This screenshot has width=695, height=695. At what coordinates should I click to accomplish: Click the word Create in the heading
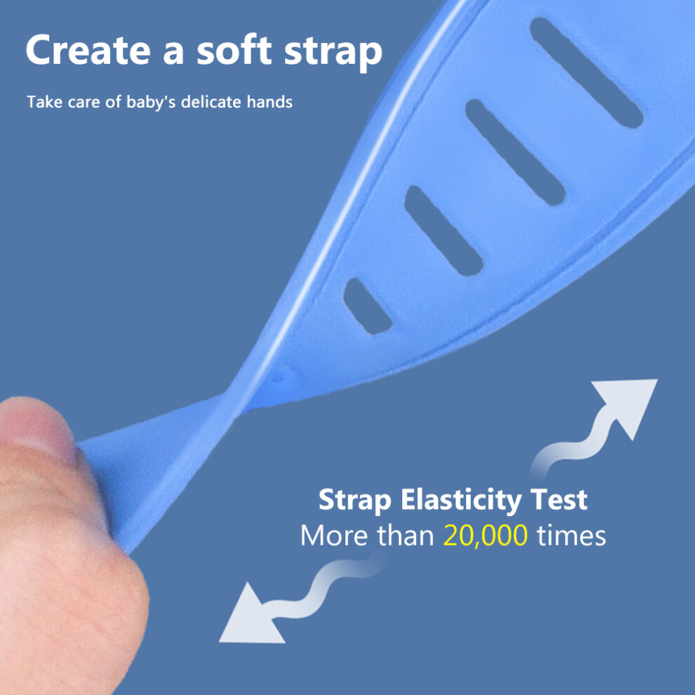(x=88, y=50)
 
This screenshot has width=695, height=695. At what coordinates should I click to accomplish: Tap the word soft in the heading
(x=234, y=50)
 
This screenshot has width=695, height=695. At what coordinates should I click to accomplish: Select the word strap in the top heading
(x=333, y=53)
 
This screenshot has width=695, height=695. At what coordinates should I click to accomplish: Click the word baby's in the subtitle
(x=151, y=102)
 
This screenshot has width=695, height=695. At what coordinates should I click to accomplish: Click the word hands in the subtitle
(x=270, y=102)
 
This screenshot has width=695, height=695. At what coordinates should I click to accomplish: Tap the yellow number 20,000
(x=485, y=536)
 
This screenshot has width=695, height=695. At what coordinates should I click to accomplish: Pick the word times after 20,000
(x=571, y=536)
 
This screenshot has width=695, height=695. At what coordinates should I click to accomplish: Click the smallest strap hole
(x=367, y=306)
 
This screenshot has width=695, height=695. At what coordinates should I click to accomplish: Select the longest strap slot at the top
(x=586, y=73)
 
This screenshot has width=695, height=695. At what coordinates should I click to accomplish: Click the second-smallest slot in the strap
(x=443, y=230)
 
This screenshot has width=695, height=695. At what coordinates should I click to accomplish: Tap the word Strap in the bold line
(x=355, y=501)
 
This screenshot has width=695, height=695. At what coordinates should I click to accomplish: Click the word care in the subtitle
(x=84, y=102)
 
